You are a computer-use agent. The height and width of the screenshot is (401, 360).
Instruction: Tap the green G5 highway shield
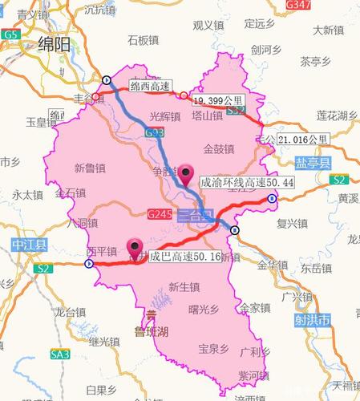(x=10, y=35)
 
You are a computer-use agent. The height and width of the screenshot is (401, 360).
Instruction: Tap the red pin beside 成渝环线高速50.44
(x=188, y=174)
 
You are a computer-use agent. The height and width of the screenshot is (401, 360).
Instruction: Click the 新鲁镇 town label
(x=89, y=168)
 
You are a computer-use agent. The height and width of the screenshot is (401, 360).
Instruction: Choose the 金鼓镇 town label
(x=219, y=148)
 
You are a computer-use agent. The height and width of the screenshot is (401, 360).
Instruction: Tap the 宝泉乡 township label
(x=213, y=349)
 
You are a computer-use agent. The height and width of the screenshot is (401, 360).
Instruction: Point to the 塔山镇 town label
(x=207, y=116)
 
